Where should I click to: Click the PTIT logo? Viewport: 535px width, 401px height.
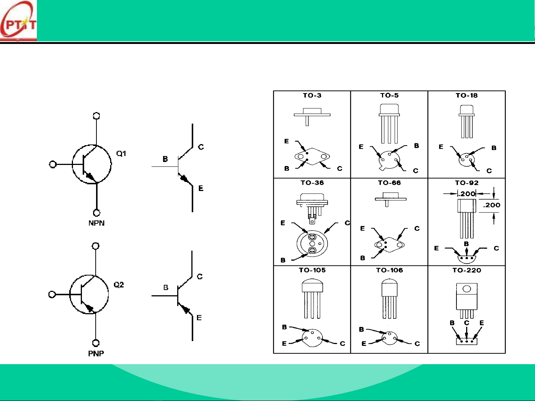[18, 21]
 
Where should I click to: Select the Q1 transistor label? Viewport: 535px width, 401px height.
[121, 153]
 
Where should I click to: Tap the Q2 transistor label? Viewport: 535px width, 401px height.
[119, 284]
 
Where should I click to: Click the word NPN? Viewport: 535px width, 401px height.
[96, 223]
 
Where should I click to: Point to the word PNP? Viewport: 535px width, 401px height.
[96, 353]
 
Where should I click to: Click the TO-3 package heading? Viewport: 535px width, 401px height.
[312, 95]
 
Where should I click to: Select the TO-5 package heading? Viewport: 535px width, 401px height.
[389, 95]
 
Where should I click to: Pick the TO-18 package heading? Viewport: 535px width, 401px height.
[466, 95]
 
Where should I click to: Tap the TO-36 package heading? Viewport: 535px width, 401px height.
[312, 182]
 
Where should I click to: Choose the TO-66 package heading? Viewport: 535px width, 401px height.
[389, 182]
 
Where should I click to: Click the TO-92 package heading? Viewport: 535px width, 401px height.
[466, 182]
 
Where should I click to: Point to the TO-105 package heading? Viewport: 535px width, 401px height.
[312, 270]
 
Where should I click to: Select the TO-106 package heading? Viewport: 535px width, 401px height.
[389, 270]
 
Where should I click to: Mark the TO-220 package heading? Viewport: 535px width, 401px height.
[466, 270]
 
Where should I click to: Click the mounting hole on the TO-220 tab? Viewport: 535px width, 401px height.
[466, 289]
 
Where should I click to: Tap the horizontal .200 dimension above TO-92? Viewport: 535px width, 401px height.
[466, 194]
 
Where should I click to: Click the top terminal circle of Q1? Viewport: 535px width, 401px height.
[96, 115]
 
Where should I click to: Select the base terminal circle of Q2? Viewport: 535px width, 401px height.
[52, 295]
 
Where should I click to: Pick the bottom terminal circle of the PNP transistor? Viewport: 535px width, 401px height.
[96, 343]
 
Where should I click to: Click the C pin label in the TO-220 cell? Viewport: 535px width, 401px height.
[466, 323]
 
